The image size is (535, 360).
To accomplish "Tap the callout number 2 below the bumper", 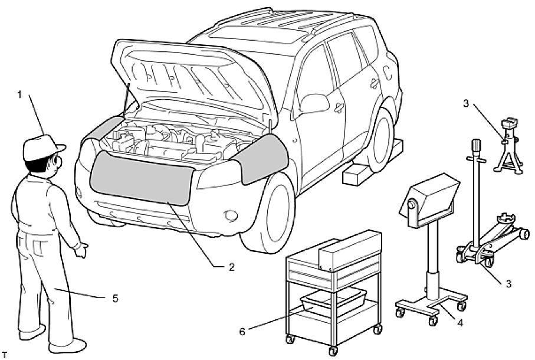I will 232,267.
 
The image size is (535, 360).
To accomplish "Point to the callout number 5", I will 115,299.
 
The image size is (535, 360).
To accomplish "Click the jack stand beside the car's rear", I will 507,148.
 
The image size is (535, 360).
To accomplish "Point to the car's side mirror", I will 316,104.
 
